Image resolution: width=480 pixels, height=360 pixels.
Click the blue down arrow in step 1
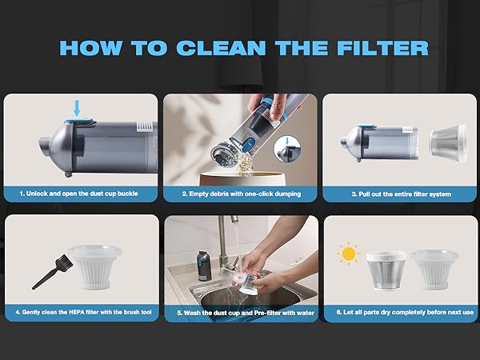pyautogui.click(x=77, y=108)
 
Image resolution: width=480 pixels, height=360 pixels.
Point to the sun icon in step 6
pyautogui.click(x=348, y=254)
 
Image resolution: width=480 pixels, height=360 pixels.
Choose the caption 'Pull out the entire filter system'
pyautogui.click(x=401, y=194)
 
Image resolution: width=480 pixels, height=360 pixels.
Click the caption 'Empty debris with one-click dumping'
pyautogui.click(x=240, y=194)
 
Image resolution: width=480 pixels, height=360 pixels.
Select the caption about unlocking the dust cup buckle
pyautogui.click(x=81, y=194)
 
